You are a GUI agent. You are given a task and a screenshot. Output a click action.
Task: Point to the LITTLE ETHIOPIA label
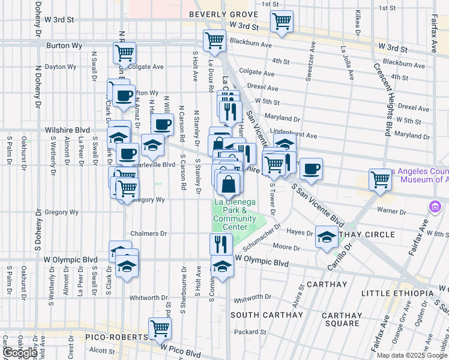coord(397,293)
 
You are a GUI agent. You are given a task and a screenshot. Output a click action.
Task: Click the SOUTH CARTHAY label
coord(267,315)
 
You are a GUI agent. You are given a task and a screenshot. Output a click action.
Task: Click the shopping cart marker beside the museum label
coord(380,178)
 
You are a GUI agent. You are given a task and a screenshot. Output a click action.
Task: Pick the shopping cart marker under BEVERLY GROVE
coord(282,22)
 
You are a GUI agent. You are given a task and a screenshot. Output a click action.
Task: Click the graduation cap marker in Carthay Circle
coord(326,236)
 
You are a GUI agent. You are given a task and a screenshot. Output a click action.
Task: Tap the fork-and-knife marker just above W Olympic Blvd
coord(220,243)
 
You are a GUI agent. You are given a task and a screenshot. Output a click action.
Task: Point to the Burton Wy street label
coord(59,44)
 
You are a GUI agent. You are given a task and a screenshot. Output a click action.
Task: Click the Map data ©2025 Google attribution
coord(411,355)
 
